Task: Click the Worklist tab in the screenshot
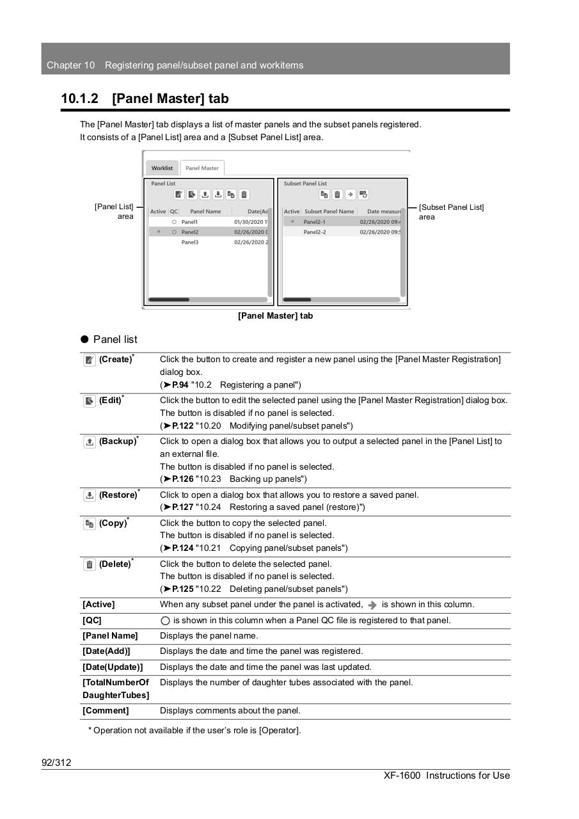pyautogui.click(x=162, y=168)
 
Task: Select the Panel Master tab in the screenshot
pyautogui.click(x=202, y=168)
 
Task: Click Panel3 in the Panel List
pyautogui.click(x=190, y=243)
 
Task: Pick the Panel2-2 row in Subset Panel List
pyautogui.click(x=314, y=232)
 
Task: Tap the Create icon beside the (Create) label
pyautogui.click(x=90, y=360)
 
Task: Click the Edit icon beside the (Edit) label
pyautogui.click(x=90, y=401)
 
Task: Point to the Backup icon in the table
pyautogui.click(x=90, y=442)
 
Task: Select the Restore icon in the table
pyautogui.click(x=90, y=496)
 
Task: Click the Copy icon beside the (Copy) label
pyautogui.click(x=90, y=524)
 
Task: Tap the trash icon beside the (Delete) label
pyautogui.click(x=90, y=565)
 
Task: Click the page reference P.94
pyautogui.click(x=179, y=385)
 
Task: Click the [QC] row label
pyautogui.click(x=92, y=621)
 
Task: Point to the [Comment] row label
pyautogui.click(x=106, y=711)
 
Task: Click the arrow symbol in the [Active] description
pyautogui.click(x=373, y=605)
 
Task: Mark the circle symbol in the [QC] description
pyautogui.click(x=165, y=621)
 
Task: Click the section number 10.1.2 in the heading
pyautogui.click(x=80, y=99)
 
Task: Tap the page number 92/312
pyautogui.click(x=56, y=763)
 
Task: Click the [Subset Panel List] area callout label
pyautogui.click(x=451, y=212)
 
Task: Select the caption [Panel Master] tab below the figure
pyautogui.click(x=275, y=316)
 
